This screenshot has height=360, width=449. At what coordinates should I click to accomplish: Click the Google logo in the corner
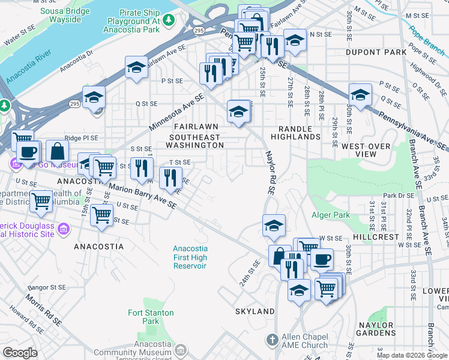tap(20, 353)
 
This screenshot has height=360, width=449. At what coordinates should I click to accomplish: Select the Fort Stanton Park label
tap(151, 317)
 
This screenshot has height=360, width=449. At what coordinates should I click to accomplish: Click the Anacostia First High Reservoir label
tap(190, 257)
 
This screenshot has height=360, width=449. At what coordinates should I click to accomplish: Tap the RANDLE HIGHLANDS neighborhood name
tap(295, 133)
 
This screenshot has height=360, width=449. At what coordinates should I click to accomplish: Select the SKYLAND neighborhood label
tap(255, 311)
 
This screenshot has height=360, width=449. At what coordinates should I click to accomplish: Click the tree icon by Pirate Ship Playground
tap(170, 20)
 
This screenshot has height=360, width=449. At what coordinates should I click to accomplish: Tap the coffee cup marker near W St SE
tap(322, 259)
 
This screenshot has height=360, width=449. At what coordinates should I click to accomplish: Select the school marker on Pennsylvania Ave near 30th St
tap(360, 95)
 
